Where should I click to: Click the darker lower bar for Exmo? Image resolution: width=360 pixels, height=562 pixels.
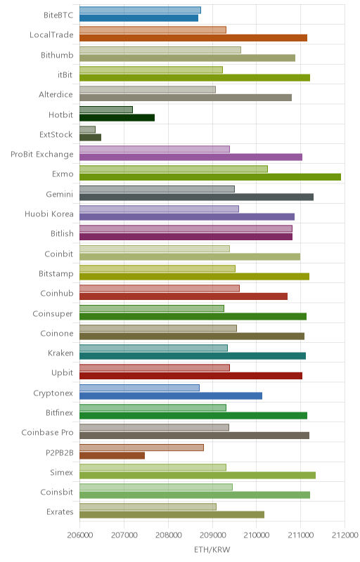pos(210,177)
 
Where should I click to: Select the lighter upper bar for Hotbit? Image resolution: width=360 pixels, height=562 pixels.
pos(106,110)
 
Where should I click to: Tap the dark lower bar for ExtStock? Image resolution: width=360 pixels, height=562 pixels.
pos(91,137)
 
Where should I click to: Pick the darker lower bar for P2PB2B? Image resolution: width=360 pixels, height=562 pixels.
pos(112,455)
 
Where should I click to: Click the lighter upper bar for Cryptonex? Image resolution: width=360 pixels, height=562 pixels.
pos(139,388)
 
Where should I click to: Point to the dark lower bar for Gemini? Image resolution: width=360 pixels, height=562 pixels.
pos(196,197)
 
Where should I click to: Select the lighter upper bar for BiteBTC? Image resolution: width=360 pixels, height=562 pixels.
pos(140,10)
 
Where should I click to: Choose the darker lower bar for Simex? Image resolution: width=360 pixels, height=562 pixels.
pos(198,476)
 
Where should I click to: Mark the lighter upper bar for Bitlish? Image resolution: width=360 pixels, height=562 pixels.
pos(186,229)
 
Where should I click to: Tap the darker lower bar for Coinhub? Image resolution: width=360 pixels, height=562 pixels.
pos(184,296)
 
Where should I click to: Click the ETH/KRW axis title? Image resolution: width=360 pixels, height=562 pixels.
pos(212,549)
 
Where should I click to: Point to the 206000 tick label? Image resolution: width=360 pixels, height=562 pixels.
pos(79,535)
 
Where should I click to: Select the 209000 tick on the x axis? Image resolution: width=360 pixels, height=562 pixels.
pos(212,535)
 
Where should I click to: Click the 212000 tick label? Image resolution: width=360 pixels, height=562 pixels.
pos(345,535)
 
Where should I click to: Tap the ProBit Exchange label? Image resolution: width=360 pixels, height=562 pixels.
pos(42,155)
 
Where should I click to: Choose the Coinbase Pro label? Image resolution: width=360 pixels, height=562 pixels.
pos(47,433)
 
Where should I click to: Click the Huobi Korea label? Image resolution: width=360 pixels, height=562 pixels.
pos(49,214)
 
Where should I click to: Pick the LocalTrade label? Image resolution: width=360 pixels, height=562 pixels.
pos(51,34)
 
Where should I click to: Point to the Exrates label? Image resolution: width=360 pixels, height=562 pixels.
pos(60,512)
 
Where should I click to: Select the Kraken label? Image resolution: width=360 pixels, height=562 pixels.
pos(60,353)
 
